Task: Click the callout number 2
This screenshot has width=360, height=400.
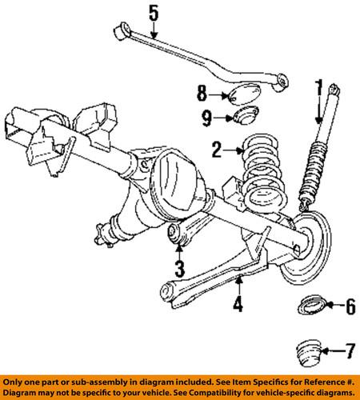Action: pyautogui.click(x=216, y=149)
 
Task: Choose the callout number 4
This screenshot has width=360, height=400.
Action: pyautogui.click(x=238, y=305)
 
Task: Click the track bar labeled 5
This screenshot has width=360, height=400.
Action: pyautogui.click(x=208, y=60)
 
